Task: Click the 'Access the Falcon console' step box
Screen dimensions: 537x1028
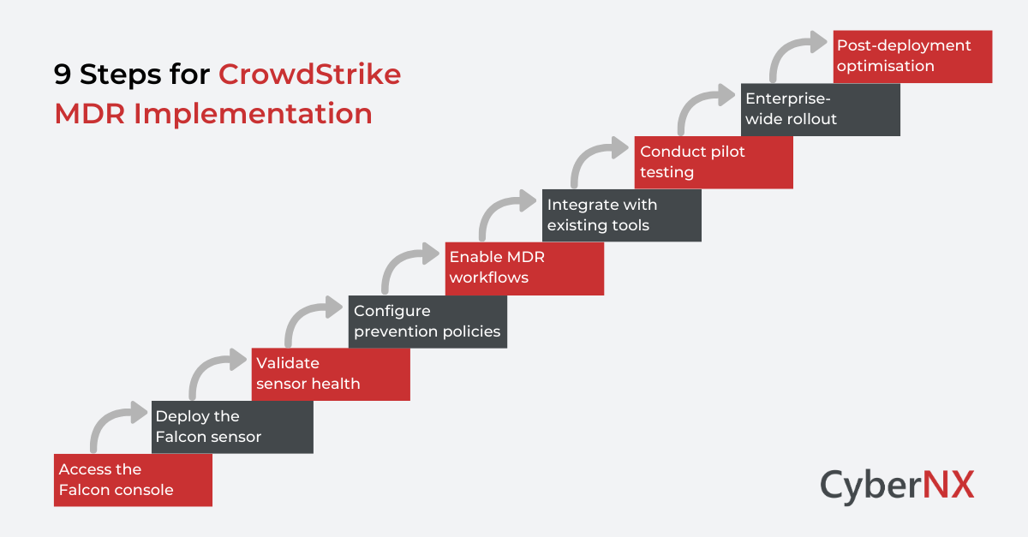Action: click(x=133, y=480)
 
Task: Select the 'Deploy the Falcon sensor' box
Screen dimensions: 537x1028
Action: click(x=232, y=427)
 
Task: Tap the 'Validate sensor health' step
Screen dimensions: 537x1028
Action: click(x=331, y=373)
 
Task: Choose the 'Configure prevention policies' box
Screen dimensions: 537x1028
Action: click(x=427, y=321)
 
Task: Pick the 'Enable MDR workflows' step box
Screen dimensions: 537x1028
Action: click(x=524, y=268)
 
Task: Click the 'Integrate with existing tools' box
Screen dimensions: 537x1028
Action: click(x=622, y=215)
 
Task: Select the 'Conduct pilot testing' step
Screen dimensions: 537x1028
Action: click(x=714, y=162)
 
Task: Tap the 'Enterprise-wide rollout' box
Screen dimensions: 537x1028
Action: click(x=820, y=109)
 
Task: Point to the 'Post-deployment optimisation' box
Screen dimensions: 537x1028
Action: click(x=911, y=56)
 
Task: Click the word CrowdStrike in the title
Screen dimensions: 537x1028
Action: click(x=309, y=75)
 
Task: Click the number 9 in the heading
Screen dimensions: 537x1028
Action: click(x=63, y=75)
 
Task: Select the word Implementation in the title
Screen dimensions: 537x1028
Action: click(x=254, y=114)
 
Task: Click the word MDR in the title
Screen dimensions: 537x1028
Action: click(x=84, y=114)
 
